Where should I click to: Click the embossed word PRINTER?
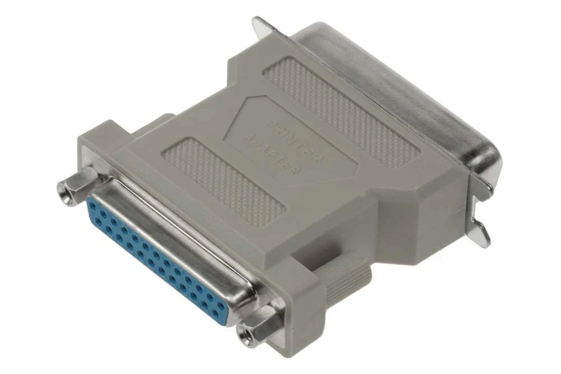point(294,141)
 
